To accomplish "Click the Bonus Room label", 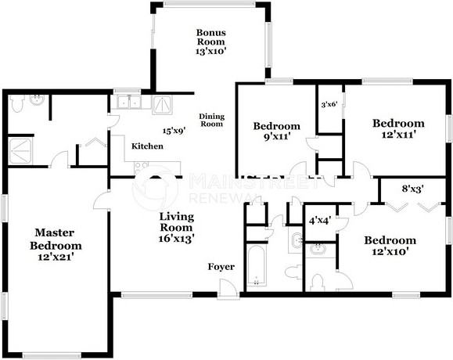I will click(211, 37).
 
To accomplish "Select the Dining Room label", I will click(211, 121).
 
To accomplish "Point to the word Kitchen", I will click(147, 146).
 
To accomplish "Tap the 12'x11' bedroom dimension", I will click(398, 135).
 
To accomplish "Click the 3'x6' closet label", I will click(329, 103).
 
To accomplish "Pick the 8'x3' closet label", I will click(412, 188).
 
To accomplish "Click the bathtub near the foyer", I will click(257, 266).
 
